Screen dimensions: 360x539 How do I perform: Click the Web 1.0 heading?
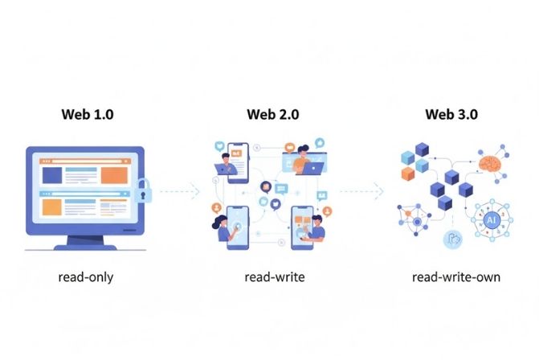[88, 114]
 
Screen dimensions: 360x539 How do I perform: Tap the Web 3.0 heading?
[451, 114]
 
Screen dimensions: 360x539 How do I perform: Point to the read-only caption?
[86, 277]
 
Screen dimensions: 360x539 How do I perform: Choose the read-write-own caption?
[455, 277]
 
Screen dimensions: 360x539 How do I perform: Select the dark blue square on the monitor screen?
[50, 174]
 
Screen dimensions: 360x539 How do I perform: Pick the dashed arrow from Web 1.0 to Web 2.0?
[178, 191]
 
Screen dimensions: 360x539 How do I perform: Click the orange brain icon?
[490, 163]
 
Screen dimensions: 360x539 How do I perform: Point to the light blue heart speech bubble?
[280, 189]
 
